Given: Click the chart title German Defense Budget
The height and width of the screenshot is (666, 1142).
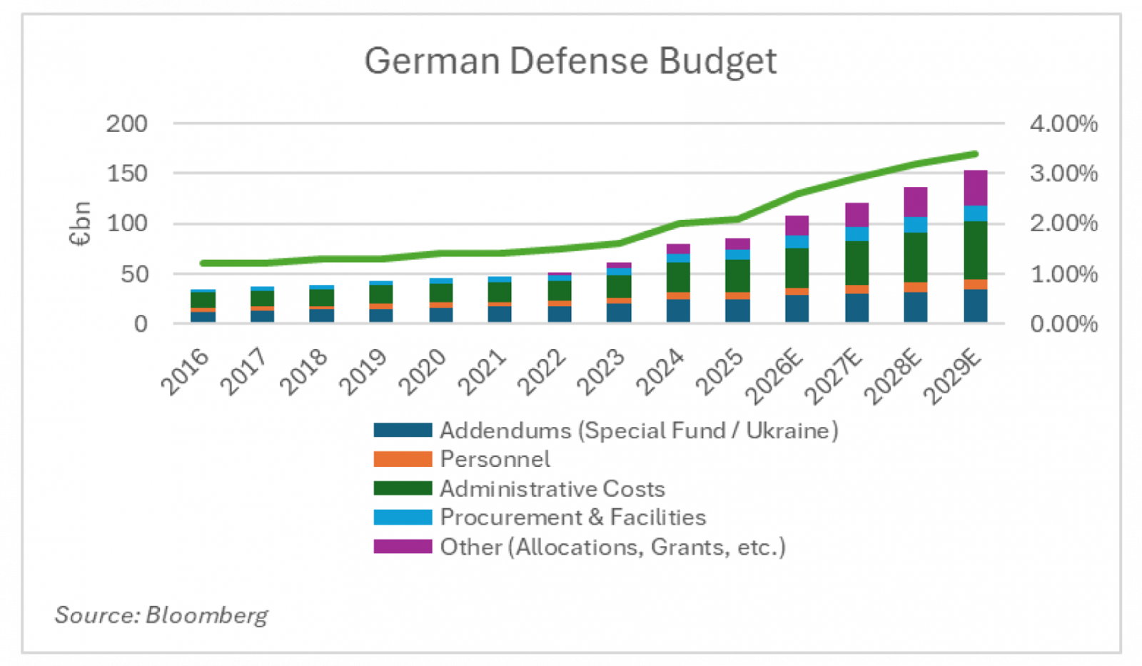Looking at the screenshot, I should point(570,61).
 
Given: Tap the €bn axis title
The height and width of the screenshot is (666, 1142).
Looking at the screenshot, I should point(80,223).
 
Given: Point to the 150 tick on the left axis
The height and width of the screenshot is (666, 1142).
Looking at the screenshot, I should point(127,173).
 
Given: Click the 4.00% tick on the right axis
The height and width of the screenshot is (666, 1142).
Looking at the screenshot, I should point(1063,123).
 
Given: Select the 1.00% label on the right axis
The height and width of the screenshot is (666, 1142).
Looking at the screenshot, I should point(1063,274).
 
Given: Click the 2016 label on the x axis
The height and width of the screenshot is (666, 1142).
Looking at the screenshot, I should point(186,371).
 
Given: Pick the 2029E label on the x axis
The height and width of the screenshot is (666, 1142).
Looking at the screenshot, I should point(952,377).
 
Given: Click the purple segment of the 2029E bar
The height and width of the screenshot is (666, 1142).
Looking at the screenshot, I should point(975,188).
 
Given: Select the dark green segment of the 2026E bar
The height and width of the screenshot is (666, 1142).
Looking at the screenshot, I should point(797,268).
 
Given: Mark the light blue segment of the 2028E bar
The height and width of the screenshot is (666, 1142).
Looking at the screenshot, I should point(915,225).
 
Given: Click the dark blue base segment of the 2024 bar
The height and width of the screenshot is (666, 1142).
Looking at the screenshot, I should point(678,311).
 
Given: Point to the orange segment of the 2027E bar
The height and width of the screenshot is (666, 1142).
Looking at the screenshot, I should point(856,289).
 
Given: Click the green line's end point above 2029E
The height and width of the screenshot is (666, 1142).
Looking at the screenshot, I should point(975,154).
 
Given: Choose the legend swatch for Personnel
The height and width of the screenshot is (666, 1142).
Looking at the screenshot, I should point(403,459).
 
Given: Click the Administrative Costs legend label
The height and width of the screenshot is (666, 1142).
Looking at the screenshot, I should point(552,489).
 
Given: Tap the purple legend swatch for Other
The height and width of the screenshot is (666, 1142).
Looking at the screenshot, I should point(403,547).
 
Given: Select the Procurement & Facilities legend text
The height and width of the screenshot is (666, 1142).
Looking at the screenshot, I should point(573,518).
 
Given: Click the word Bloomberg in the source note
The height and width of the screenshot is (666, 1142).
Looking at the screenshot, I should point(207,615).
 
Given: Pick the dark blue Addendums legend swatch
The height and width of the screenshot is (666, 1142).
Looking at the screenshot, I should point(403,430).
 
